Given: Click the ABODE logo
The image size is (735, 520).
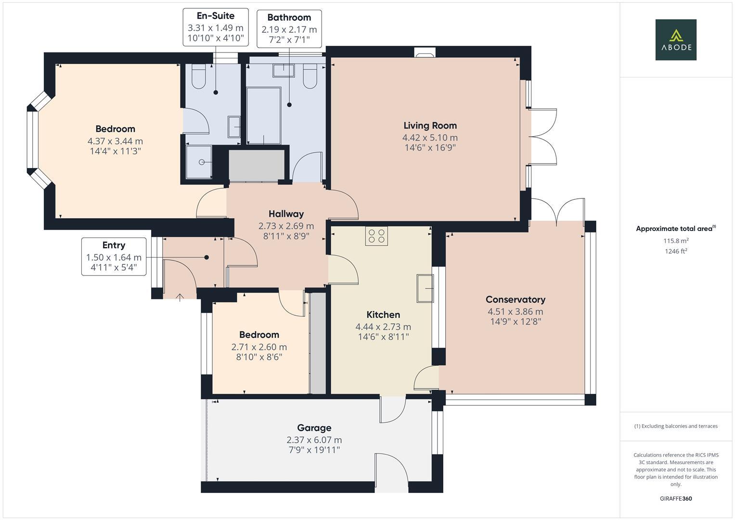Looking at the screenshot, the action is click(676, 39).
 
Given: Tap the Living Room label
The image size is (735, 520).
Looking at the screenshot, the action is click(430, 125).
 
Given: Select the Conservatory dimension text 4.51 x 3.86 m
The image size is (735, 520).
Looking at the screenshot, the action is click(515, 311).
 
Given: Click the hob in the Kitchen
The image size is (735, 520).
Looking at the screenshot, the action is click(376, 236).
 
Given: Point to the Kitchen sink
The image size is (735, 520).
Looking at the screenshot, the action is click(425, 288).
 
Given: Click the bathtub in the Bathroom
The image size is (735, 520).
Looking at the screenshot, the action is click(264, 116).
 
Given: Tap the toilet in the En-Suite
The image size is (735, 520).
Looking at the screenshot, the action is click(198, 77).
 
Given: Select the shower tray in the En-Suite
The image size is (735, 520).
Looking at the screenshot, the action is click(199, 162).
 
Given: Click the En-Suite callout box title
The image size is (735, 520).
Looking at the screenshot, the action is click(216, 16).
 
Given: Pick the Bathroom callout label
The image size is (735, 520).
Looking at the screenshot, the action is click(289, 17).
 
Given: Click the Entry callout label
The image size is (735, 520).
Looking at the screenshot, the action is click(114, 245).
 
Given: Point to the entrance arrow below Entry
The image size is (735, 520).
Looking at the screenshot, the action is click(180, 298).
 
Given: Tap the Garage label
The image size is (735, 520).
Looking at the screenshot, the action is click(314, 428).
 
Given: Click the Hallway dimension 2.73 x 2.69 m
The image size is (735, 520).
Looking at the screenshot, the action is click(286, 226).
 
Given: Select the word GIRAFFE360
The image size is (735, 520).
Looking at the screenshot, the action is click(676, 499).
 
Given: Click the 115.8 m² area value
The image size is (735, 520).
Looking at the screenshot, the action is click(676, 241).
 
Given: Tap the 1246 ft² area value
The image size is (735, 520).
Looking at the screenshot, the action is click(676, 251).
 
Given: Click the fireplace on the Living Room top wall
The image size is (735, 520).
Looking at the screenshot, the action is click(425, 52).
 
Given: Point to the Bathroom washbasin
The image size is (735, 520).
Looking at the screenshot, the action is click(283, 71).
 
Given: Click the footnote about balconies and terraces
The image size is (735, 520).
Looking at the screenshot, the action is click(676, 426).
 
